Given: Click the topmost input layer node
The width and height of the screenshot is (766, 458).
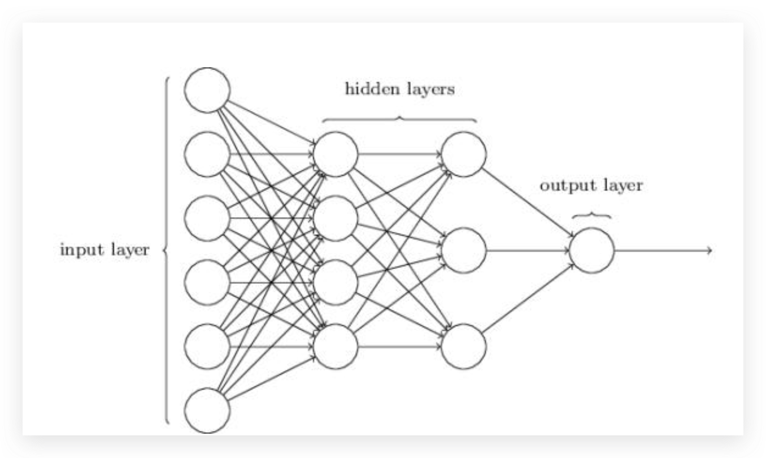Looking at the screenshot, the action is [x=207, y=90].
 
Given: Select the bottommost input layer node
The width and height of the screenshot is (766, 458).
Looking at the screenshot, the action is [x=207, y=411].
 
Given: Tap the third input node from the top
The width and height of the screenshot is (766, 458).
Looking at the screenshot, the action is [x=207, y=218].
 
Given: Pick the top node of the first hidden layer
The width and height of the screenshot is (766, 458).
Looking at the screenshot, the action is [x=336, y=154].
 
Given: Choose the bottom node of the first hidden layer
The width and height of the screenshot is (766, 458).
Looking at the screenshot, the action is [x=336, y=347].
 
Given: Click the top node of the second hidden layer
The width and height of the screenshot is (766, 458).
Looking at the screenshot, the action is [x=464, y=154].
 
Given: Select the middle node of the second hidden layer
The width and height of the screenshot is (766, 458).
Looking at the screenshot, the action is [x=464, y=250].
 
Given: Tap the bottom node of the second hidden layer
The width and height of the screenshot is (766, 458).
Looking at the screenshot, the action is [x=464, y=347].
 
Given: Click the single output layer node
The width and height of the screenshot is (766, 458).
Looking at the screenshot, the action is [x=591, y=250].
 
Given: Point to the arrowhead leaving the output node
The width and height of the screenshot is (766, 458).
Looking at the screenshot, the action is [x=710, y=250].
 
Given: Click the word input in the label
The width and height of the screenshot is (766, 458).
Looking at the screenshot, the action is [x=82, y=250].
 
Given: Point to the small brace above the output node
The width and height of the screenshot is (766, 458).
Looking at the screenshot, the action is [x=591, y=215].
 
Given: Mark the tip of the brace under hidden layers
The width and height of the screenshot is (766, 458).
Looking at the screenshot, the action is [x=400, y=117].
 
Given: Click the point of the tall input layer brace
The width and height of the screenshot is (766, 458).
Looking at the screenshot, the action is [x=164, y=250].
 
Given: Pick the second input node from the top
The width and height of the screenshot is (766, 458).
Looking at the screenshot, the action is [x=207, y=154].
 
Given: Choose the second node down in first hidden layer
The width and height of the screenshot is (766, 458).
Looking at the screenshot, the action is [x=336, y=218].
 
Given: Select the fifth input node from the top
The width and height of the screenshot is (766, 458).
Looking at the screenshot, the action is [x=207, y=347].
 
